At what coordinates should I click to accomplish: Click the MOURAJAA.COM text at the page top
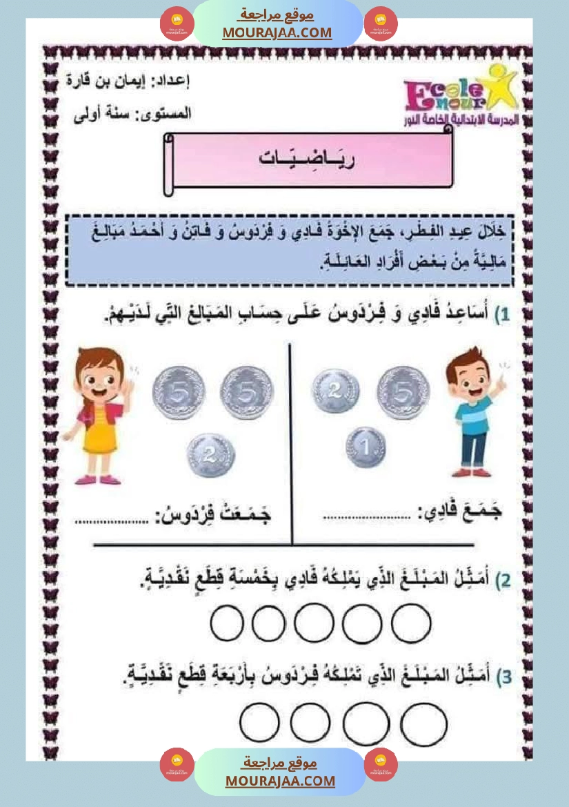[277, 32]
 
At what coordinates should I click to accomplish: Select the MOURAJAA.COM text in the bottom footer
[280, 781]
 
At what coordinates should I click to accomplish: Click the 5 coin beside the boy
[403, 391]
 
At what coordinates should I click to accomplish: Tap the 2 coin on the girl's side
[211, 456]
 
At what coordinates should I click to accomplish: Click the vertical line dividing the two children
[290, 442]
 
